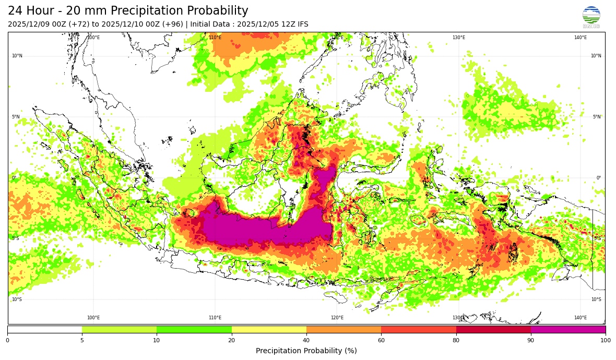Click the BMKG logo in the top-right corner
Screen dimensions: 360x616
[x=591, y=17]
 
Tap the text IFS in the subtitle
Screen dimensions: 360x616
[x=302, y=25]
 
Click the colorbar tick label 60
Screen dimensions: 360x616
[x=381, y=341]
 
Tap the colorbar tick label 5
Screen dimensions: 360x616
[x=82, y=341]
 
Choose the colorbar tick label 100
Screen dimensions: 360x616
[x=605, y=341]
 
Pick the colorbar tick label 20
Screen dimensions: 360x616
[x=231, y=341]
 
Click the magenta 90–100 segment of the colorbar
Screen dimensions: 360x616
[x=568, y=329]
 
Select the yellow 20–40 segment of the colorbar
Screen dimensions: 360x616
[x=269, y=329]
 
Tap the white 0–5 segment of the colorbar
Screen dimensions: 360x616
[x=45, y=329]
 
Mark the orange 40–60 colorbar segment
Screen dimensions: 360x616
[x=343, y=329]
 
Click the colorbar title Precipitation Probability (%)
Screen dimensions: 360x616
[x=306, y=351]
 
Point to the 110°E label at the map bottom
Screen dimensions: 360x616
[x=215, y=318]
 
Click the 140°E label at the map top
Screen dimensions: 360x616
[x=581, y=38]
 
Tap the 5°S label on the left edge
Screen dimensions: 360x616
[x=16, y=238]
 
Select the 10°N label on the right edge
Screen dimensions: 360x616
[x=596, y=56]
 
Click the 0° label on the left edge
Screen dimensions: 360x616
[x=14, y=178]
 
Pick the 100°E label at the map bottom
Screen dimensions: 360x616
[x=93, y=318]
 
